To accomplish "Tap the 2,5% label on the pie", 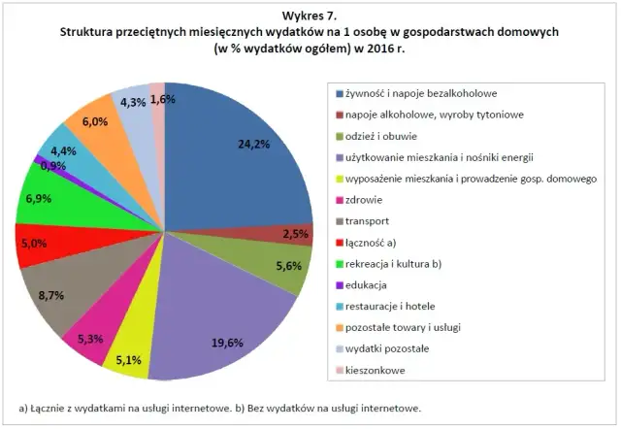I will coord(298,234).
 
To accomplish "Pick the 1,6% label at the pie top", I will coord(163,99).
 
